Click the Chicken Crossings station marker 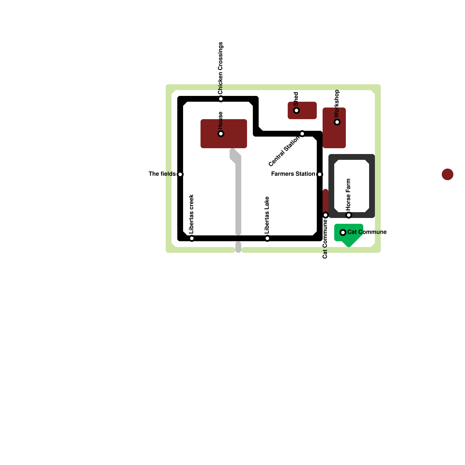221,99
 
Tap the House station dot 221,134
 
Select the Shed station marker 296,110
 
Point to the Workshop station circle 337,122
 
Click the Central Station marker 302,134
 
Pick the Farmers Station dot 320,174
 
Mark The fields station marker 180,174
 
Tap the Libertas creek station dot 192,238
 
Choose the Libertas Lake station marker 267,238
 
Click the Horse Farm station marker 349,215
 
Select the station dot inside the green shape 343,233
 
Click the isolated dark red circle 448,174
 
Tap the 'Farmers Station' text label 293,174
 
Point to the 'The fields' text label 162,174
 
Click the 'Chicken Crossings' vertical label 220,68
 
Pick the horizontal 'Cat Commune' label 367,232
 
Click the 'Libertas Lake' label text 267,215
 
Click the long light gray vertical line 238,198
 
